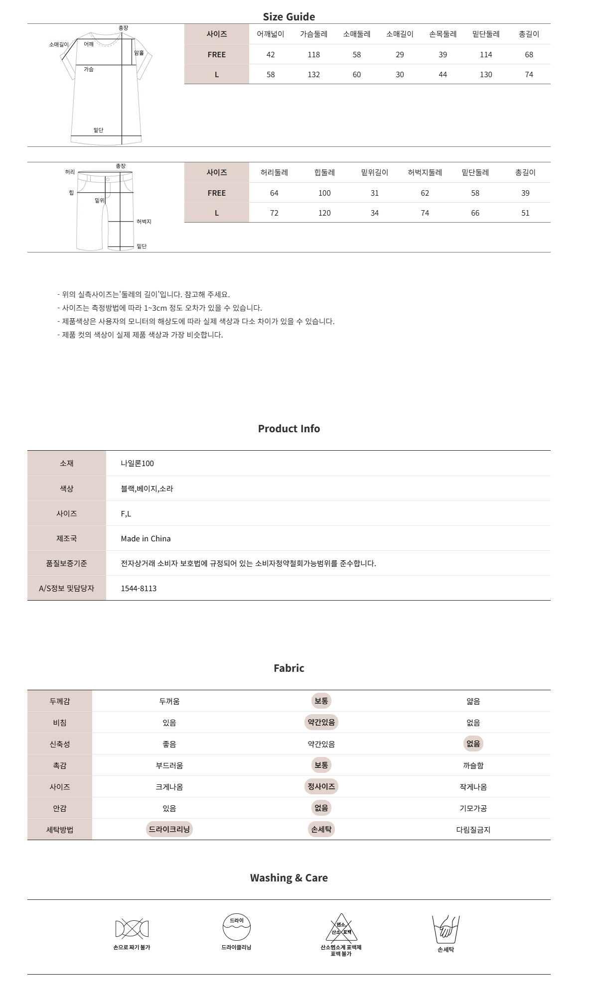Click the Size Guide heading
(289, 17)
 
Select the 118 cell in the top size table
(313, 55)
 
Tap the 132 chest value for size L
(313, 75)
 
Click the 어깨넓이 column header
(270, 34)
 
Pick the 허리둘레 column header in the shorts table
(274, 173)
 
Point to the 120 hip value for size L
(324, 213)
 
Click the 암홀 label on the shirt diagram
(139, 53)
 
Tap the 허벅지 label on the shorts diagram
(144, 222)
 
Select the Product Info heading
(289, 429)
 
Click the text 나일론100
(137, 464)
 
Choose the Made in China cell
(146, 539)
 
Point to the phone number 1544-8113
(139, 589)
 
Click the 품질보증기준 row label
(66, 563)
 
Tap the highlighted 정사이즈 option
(321, 787)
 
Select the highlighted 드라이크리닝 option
(169, 830)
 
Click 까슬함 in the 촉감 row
(473, 766)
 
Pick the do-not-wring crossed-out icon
(132, 929)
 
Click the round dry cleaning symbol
(236, 927)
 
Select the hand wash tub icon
(446, 929)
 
